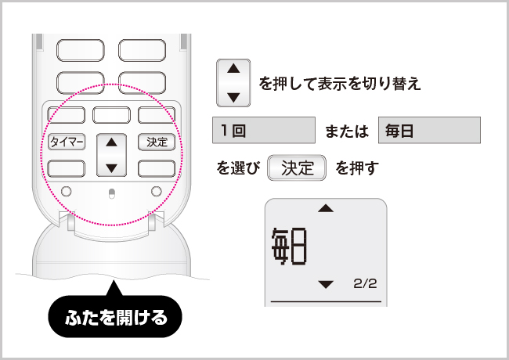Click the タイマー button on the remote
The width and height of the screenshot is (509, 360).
[67, 142]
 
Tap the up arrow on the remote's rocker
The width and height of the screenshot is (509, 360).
[112, 142]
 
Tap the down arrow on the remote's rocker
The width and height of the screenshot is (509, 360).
[112, 168]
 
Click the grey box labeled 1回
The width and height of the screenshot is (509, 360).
[264, 130]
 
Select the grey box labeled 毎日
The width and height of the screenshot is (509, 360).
[429, 130]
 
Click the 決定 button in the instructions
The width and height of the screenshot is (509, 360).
[297, 167]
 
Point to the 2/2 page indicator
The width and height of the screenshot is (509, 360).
[365, 283]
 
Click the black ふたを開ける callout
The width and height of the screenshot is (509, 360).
[115, 316]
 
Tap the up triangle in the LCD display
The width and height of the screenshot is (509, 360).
[326, 208]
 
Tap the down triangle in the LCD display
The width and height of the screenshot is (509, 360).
[326, 284]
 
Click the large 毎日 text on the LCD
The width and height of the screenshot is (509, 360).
[289, 247]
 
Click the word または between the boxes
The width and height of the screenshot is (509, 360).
[347, 131]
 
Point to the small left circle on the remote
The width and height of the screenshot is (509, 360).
[67, 191]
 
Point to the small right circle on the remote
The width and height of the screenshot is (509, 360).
[157, 191]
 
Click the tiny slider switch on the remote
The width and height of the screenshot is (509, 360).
[111, 193]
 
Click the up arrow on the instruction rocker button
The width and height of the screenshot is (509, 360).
[233, 68]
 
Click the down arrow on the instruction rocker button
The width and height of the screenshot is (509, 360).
[233, 97]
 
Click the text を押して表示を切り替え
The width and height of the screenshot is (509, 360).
[340, 84]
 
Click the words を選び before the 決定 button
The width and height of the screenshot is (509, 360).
[238, 168]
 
